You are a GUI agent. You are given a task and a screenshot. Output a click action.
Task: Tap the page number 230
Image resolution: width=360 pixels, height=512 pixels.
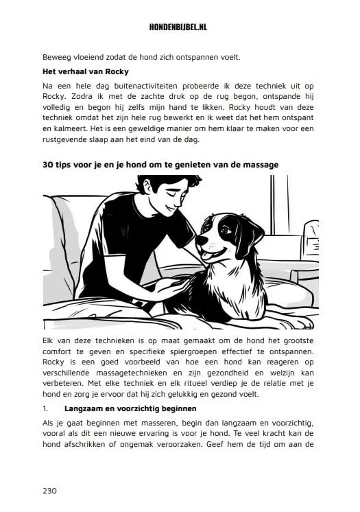pos(49,490)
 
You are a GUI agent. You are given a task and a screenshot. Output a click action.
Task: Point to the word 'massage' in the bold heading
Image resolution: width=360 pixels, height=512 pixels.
pos(259,165)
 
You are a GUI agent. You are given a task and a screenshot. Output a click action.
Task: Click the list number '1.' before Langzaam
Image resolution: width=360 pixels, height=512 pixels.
pos(46,410)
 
